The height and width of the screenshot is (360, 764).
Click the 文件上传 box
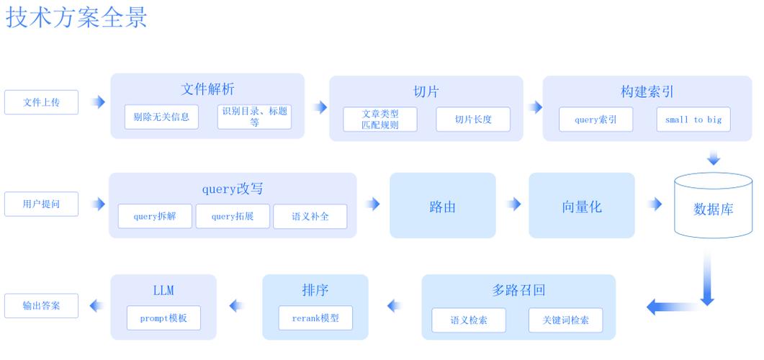tap(41, 102)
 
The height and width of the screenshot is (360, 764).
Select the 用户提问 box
tap(41, 204)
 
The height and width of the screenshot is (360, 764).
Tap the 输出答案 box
tap(41, 305)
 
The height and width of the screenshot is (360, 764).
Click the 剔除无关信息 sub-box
tap(161, 117)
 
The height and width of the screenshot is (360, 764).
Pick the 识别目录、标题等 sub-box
tap(254, 117)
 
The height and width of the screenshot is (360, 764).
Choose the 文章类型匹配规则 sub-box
tap(380, 120)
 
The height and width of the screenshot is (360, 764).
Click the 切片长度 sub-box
tap(473, 120)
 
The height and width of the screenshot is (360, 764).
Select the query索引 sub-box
tap(596, 120)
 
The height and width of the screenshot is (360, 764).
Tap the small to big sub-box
tap(693, 120)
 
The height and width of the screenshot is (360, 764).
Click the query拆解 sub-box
tap(155, 216)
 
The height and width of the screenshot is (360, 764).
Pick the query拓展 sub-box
tap(233, 216)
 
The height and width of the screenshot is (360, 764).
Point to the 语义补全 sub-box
tap(310, 216)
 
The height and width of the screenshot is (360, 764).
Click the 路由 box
tap(443, 206)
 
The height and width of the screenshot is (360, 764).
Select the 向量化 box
tap(582, 206)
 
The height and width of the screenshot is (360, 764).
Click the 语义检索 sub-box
tap(469, 320)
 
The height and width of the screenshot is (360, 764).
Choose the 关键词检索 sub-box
tap(565, 320)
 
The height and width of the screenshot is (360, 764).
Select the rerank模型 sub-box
tap(315, 318)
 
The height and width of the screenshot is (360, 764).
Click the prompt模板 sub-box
tap(163, 318)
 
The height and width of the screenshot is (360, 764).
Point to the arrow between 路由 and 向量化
tap(513, 204)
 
